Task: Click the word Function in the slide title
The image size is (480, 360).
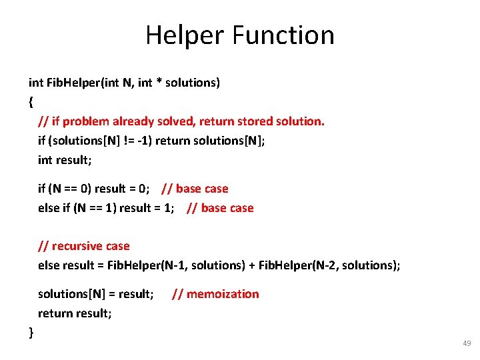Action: pos(285,35)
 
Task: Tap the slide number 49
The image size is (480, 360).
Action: pos(466,343)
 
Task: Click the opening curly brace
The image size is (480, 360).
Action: pos(31,102)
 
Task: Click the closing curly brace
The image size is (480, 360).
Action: pos(31,332)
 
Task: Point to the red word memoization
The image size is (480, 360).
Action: pos(223,294)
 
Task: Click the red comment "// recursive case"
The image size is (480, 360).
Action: pos(83,246)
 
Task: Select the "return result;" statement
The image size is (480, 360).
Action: pos(75,313)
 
